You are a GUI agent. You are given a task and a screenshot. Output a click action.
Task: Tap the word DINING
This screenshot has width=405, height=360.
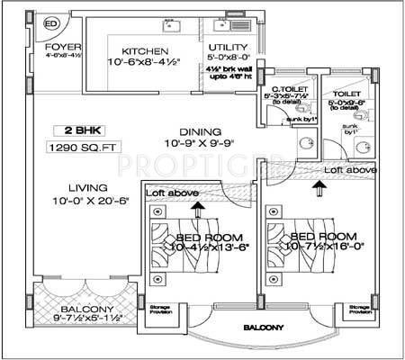[199, 130]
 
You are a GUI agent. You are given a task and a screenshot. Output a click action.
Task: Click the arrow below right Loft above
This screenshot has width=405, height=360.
[317, 187]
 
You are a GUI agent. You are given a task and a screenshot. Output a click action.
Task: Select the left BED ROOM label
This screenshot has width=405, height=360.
[196, 238]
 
